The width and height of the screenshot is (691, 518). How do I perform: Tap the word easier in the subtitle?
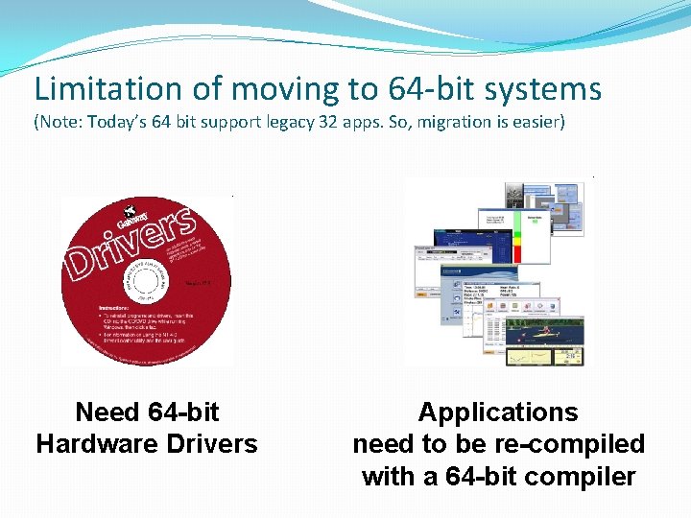tap(533, 123)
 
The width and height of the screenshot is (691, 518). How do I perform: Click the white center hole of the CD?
tap(145, 280)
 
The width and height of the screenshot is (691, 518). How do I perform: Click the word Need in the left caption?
tap(107, 412)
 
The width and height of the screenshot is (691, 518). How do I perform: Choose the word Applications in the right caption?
tap(498, 412)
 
